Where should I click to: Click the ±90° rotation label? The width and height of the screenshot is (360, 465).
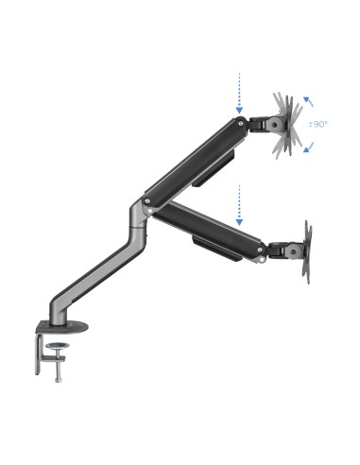319,124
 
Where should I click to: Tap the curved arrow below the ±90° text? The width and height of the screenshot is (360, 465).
308,144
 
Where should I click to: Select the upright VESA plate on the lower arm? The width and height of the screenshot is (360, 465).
306,250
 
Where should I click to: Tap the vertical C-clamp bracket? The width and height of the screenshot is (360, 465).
40,350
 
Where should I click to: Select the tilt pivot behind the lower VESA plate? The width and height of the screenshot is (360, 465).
282,250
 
